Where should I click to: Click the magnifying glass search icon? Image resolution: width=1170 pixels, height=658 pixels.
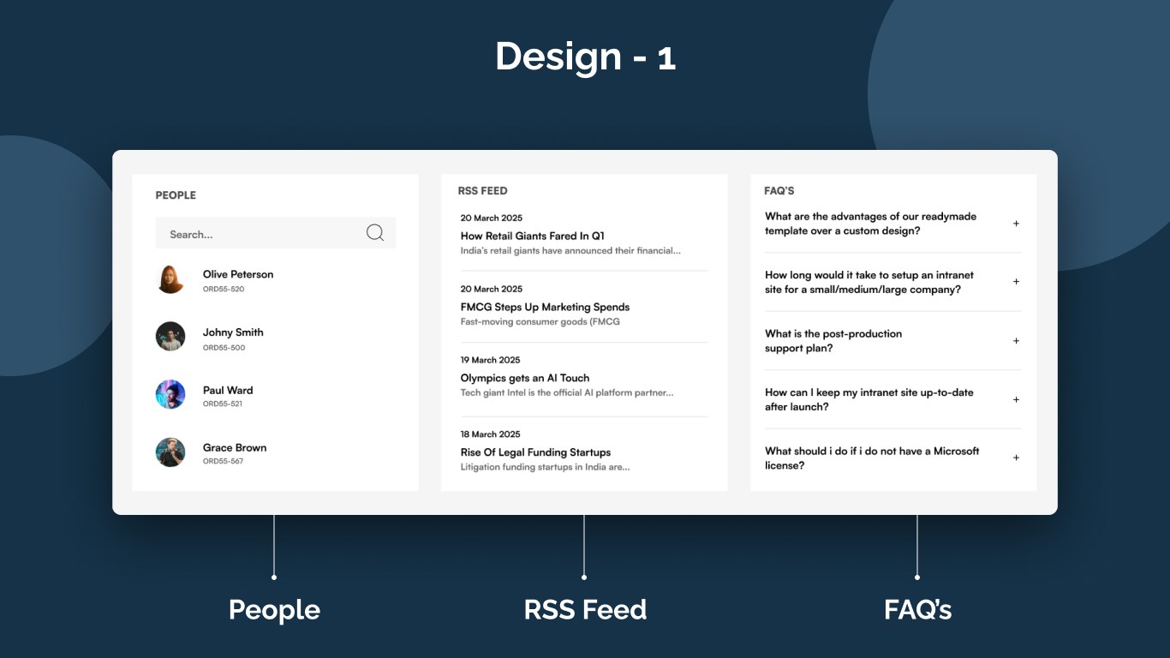(374, 232)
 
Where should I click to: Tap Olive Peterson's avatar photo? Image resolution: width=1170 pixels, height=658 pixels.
(170, 279)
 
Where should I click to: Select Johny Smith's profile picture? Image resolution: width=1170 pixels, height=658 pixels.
(170, 337)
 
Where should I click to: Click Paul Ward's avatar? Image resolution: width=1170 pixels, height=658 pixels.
(170, 395)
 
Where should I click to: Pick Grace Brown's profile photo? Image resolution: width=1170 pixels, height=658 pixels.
(170, 452)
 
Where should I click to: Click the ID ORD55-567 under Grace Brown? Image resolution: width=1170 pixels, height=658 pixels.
(223, 462)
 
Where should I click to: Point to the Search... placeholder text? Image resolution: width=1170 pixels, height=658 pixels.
(191, 235)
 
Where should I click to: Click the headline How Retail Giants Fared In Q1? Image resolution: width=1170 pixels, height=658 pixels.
(533, 236)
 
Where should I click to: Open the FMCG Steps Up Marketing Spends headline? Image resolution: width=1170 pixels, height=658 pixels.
(545, 307)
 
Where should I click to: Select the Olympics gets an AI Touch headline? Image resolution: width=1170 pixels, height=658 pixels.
(525, 378)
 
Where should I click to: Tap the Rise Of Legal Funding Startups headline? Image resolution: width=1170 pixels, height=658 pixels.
(535, 452)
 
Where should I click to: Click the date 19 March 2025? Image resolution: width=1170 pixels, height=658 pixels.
(491, 360)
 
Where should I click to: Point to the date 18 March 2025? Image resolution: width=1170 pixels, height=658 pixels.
(491, 434)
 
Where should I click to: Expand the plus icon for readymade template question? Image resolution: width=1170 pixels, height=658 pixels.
(1016, 224)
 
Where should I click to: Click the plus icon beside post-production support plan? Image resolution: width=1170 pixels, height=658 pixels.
(1016, 341)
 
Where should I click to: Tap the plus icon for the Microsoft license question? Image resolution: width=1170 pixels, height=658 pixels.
(1016, 458)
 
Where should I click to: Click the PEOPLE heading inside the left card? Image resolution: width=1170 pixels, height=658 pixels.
(176, 195)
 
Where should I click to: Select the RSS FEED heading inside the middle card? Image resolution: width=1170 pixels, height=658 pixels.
(482, 191)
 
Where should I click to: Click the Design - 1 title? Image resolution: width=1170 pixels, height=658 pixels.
(585, 57)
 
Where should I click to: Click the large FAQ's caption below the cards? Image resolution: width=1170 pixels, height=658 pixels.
(917, 610)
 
